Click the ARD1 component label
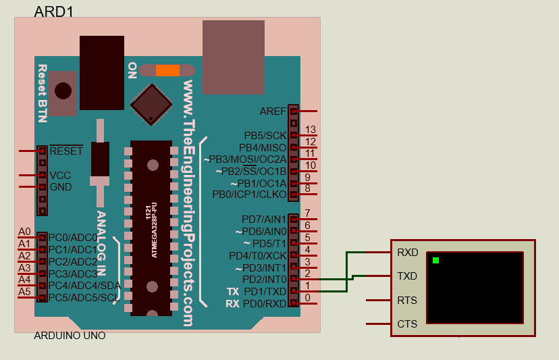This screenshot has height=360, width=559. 53,11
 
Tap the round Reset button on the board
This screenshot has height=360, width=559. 63,91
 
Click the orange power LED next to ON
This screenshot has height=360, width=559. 167,70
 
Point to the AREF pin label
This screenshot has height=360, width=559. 273,111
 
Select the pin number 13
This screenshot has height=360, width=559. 311,130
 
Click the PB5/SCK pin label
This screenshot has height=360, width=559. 265,135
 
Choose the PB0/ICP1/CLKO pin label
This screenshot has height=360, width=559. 249,195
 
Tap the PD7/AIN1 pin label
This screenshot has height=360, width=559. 264,219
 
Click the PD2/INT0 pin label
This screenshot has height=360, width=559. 264,279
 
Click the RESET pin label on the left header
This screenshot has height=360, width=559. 66,151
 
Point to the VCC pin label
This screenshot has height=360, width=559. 60,175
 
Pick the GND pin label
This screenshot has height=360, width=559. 61,187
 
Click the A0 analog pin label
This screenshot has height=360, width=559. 24,232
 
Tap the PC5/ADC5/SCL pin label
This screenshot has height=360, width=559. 84,297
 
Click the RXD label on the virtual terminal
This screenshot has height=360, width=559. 408,253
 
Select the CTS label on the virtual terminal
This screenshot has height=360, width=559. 407,324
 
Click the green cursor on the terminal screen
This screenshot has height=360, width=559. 436,260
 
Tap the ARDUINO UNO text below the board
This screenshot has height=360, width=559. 70,336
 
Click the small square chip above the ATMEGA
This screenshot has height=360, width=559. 152,104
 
